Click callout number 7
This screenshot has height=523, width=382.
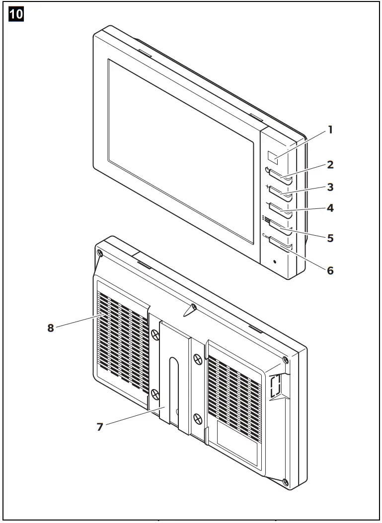pyautogui.click(x=100, y=426)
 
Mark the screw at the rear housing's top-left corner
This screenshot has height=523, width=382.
pyautogui.click(x=100, y=254)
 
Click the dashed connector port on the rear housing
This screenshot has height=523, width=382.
pyautogui.click(x=275, y=387)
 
